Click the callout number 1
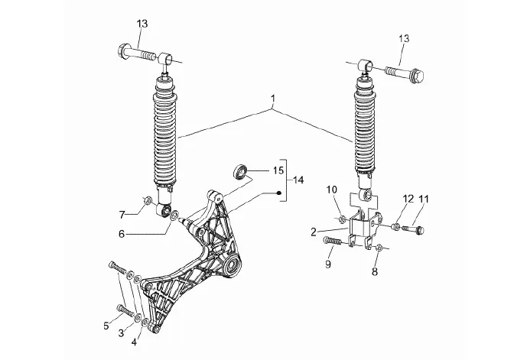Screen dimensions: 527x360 273,99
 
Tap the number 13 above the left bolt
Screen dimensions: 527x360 142,24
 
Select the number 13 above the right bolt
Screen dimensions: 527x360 404,38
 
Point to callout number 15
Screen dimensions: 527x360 278,170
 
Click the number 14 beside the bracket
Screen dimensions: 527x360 298,180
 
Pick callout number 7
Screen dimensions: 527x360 122,215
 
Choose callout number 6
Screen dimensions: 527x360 122,233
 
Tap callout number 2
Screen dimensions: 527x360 314,232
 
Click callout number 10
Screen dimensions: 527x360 332,190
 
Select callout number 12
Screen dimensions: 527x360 408,199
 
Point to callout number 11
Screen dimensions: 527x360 424,199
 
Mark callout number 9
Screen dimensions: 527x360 328,264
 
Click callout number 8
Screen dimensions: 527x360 375,271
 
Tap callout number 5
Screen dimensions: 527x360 106,326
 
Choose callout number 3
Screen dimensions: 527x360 122,332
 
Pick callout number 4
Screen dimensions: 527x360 134,342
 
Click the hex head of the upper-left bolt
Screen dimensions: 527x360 123,50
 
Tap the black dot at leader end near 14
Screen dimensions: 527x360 278,193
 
